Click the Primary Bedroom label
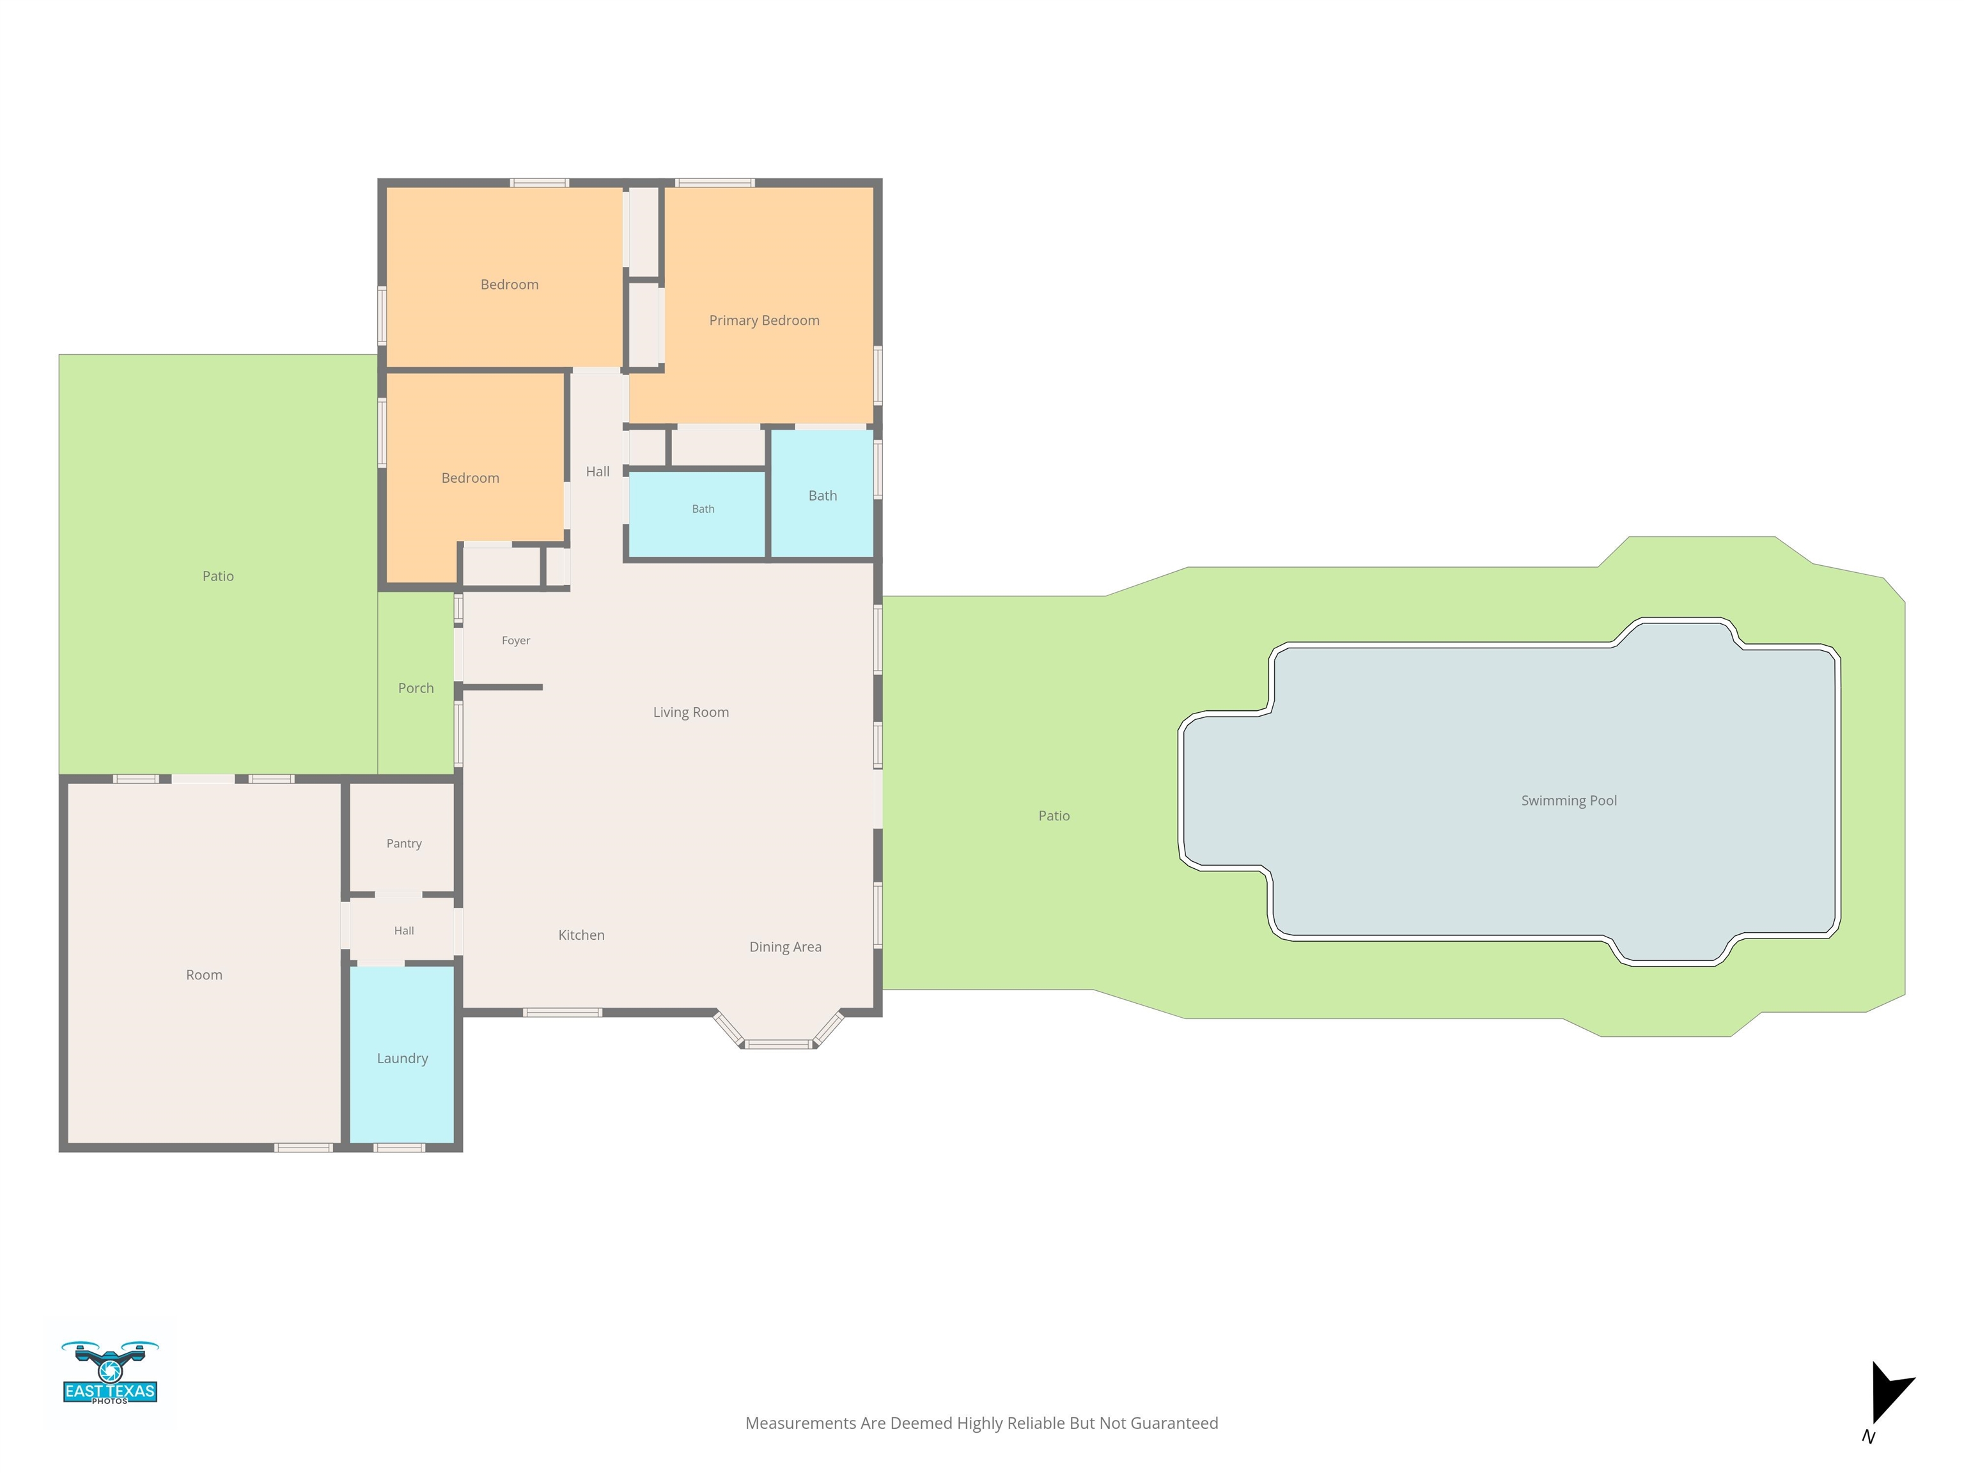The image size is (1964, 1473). tap(763, 320)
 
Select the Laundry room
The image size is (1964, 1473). tap(402, 1055)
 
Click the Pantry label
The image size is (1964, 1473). tap(404, 843)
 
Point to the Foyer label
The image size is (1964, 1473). tap(516, 640)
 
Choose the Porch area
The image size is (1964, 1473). tap(416, 683)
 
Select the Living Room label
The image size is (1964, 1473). tap(690, 712)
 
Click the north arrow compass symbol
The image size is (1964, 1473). tap(1889, 1394)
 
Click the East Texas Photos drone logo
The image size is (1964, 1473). tap(110, 1372)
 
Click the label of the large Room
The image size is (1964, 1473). tap(204, 975)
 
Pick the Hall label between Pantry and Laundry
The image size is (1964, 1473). tap(404, 930)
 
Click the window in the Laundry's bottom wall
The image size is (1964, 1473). tap(399, 1148)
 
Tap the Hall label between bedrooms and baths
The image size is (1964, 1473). tap(598, 471)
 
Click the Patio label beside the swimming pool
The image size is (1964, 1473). tap(1054, 816)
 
